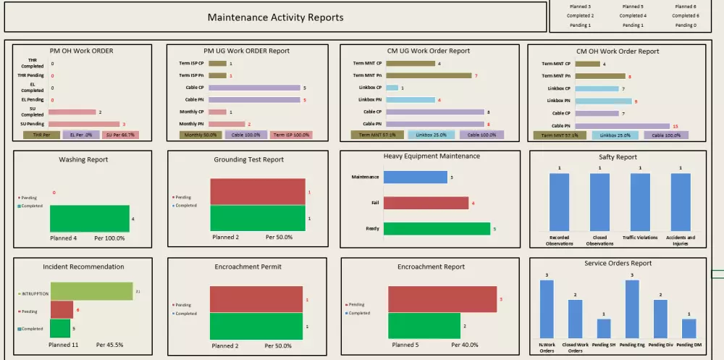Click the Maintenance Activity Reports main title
coord(275,17)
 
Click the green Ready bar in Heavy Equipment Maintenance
coord(437,229)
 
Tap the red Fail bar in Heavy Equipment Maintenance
coord(426,203)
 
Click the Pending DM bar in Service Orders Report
coord(689,329)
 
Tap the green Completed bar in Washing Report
coord(89,218)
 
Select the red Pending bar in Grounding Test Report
coord(257,192)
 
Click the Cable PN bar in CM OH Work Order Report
coord(623,125)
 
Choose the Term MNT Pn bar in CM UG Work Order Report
coord(429,75)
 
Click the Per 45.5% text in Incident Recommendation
coord(109,345)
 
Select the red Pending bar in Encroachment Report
coord(442,299)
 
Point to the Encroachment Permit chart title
coord(248,267)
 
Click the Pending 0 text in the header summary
coord(685,25)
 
